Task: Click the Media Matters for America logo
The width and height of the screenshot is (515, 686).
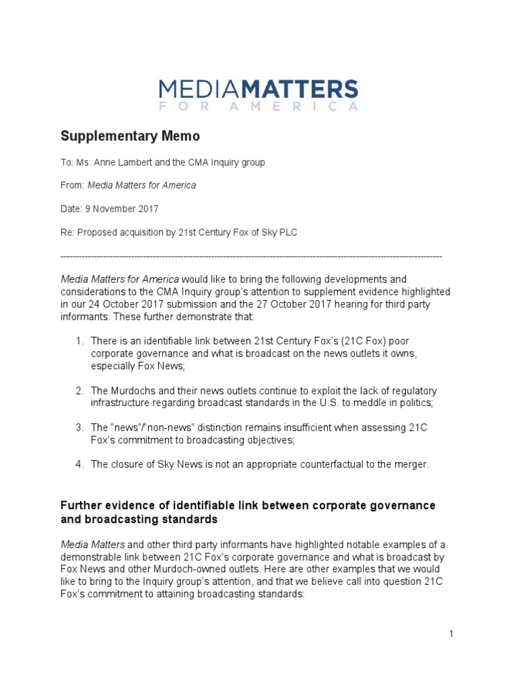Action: pos(258,94)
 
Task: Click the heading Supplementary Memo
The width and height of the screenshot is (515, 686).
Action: pos(130,137)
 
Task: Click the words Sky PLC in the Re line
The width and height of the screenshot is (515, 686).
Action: pos(278,232)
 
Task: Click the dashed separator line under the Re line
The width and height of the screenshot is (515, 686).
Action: pos(251,257)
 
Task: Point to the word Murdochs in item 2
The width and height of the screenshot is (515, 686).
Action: pos(131,390)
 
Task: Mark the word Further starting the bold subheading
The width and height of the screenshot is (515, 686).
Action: pos(82,504)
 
